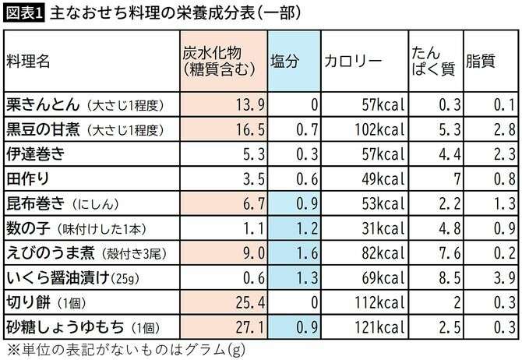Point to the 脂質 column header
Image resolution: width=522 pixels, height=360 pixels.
480,62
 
